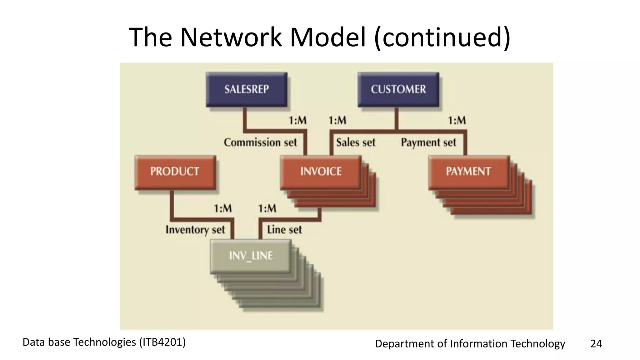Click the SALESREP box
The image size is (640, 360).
click(247, 90)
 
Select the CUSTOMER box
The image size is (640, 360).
click(398, 90)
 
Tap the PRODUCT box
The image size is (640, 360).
click(175, 172)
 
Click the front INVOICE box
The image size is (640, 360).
click(321, 172)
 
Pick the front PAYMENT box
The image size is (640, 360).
click(468, 172)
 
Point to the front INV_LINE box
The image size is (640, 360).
click(251, 256)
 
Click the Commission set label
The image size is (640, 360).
click(260, 142)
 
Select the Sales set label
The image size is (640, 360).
click(356, 142)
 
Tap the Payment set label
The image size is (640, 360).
click(428, 142)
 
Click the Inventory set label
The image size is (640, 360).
click(195, 230)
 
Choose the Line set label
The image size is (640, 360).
click(284, 230)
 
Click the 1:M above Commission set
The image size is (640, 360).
click(297, 120)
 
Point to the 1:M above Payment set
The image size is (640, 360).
click(457, 120)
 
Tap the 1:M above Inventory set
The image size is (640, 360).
click(223, 208)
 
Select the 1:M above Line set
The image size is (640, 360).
click(267, 208)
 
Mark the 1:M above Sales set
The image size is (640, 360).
click(337, 120)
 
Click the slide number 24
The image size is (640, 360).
click(596, 344)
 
